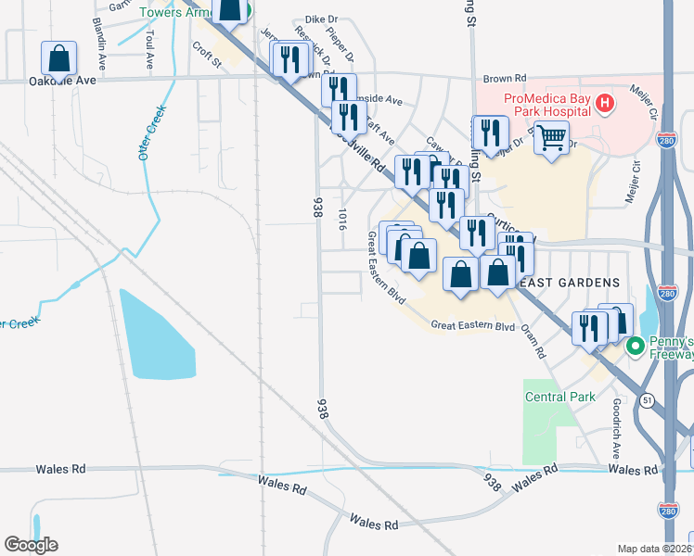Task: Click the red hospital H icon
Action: pyautogui.click(x=605, y=103)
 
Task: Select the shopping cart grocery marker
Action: pyautogui.click(x=552, y=139)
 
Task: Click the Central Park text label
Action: pyautogui.click(x=559, y=398)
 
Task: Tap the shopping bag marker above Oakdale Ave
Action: pyautogui.click(x=59, y=59)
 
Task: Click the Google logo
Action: pyautogui.click(x=31, y=545)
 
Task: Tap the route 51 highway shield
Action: pyautogui.click(x=646, y=399)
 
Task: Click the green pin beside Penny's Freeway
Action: pyautogui.click(x=636, y=347)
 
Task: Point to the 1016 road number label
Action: pyautogui.click(x=342, y=220)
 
